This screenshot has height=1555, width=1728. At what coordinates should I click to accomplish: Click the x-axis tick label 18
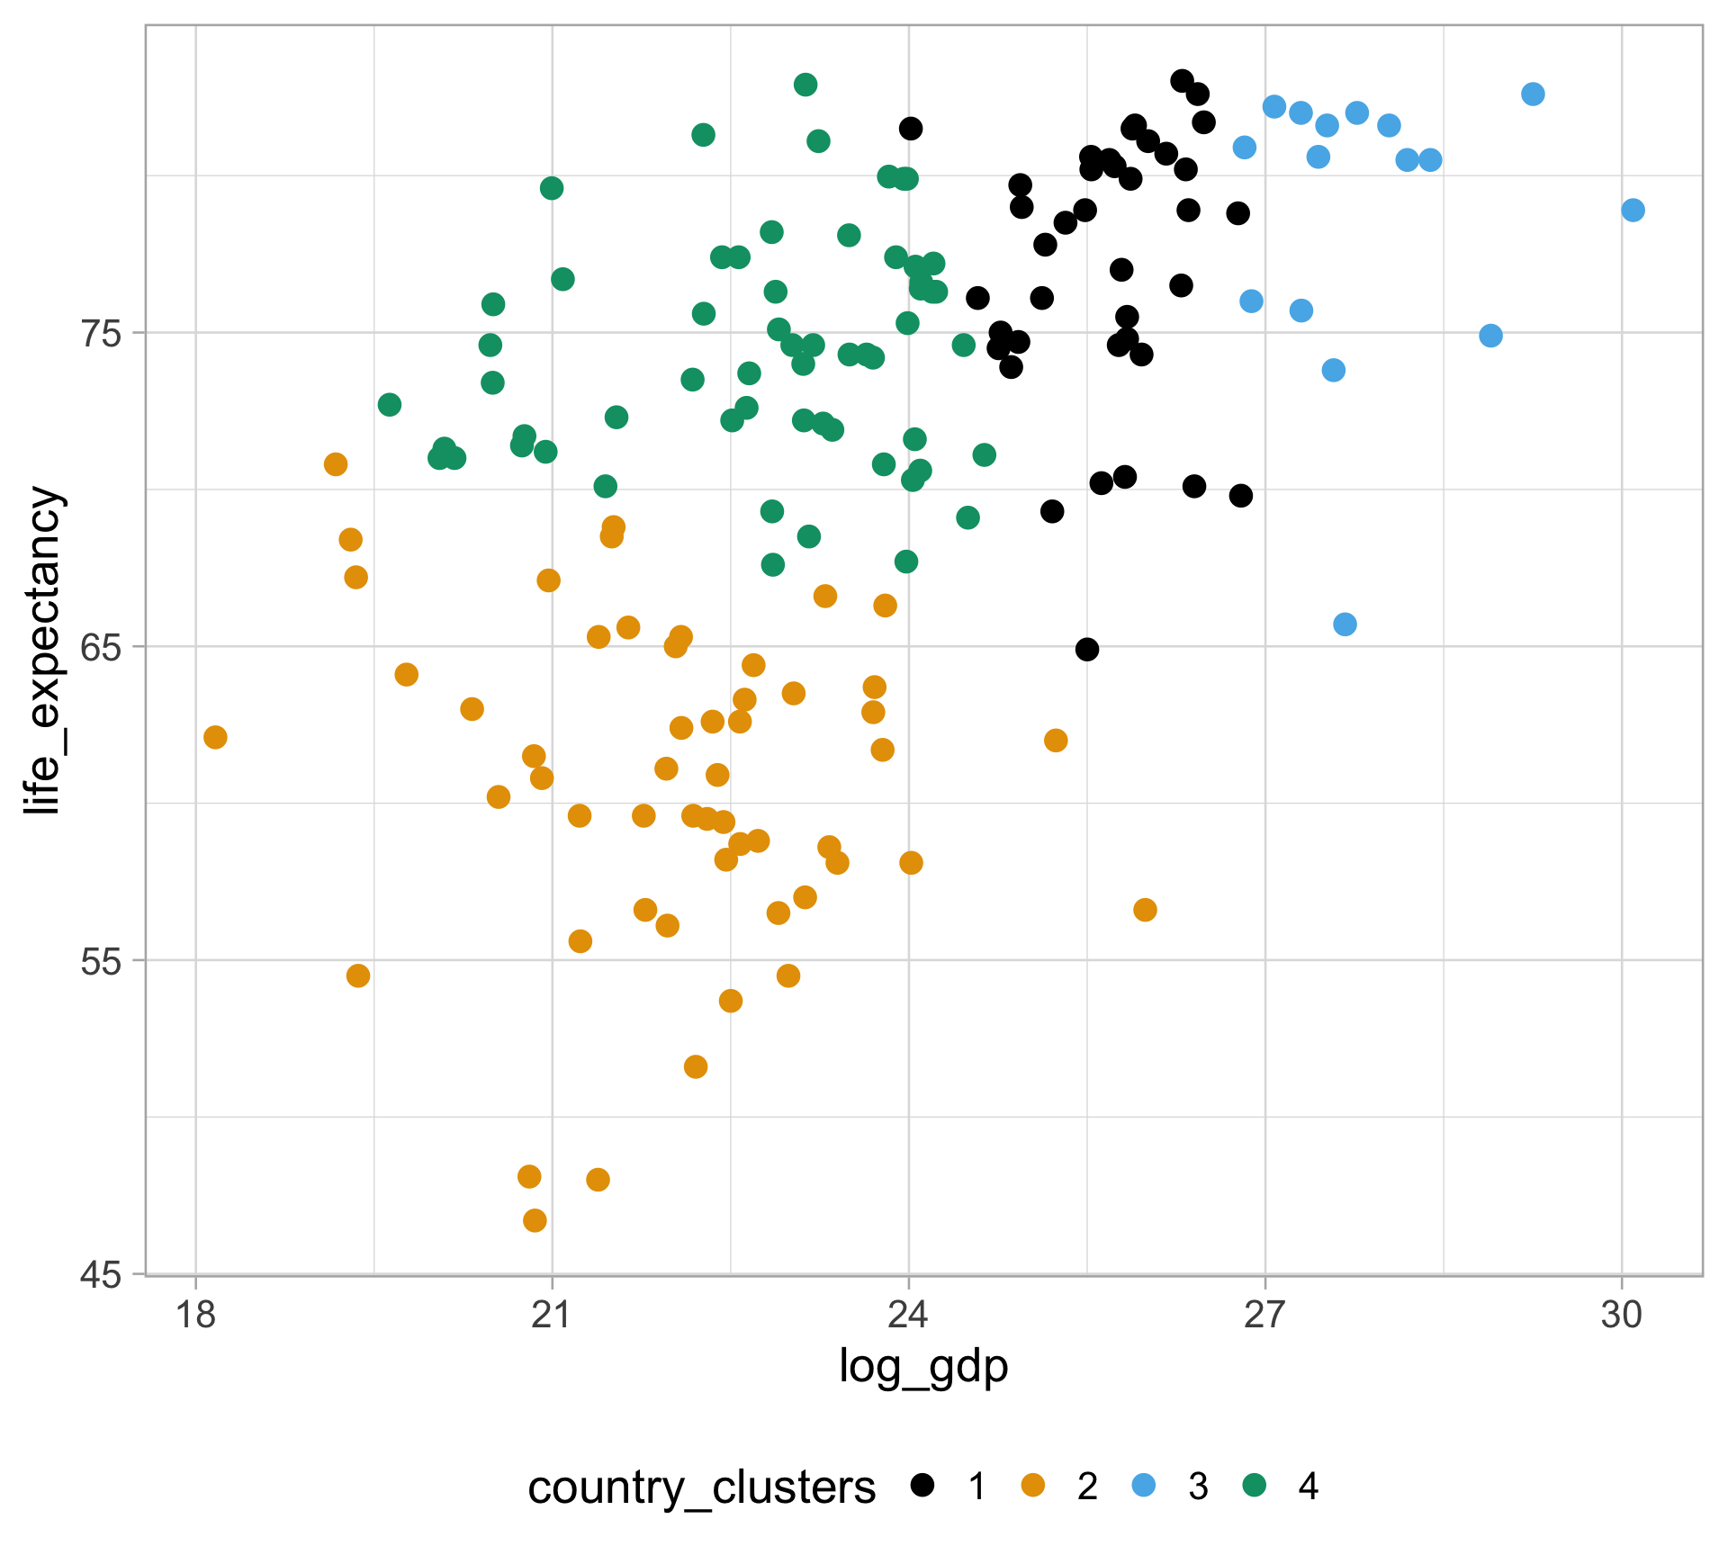click(x=195, y=1316)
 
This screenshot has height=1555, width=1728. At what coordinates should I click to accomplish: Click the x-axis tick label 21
click(x=552, y=1316)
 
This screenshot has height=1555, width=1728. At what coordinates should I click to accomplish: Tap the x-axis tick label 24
click(x=908, y=1316)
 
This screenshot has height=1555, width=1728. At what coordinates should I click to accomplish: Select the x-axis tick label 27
click(x=1264, y=1316)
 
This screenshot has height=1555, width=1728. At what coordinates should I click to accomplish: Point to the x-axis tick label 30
click(x=1622, y=1316)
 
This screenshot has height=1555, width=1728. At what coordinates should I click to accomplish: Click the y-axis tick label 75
click(x=101, y=334)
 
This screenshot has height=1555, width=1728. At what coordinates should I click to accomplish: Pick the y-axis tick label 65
click(x=101, y=647)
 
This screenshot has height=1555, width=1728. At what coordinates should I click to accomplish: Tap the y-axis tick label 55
click(x=101, y=961)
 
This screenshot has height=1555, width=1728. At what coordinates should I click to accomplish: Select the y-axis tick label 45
click(x=101, y=1274)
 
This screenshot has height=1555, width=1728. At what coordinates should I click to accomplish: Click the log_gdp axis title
click(x=923, y=1367)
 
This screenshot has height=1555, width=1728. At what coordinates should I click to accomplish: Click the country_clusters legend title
click(x=701, y=1488)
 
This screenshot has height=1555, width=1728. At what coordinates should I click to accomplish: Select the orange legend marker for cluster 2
click(x=1032, y=1486)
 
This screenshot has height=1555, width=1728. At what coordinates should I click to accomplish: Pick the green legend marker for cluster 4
click(x=1253, y=1486)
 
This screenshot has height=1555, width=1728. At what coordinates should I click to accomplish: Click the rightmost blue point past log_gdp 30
click(x=1633, y=211)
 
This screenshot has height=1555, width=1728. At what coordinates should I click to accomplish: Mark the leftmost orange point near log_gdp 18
click(x=215, y=737)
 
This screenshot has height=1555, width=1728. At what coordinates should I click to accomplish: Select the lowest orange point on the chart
click(x=535, y=1220)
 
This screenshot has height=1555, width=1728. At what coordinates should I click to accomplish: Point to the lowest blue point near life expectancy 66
click(x=1345, y=625)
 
